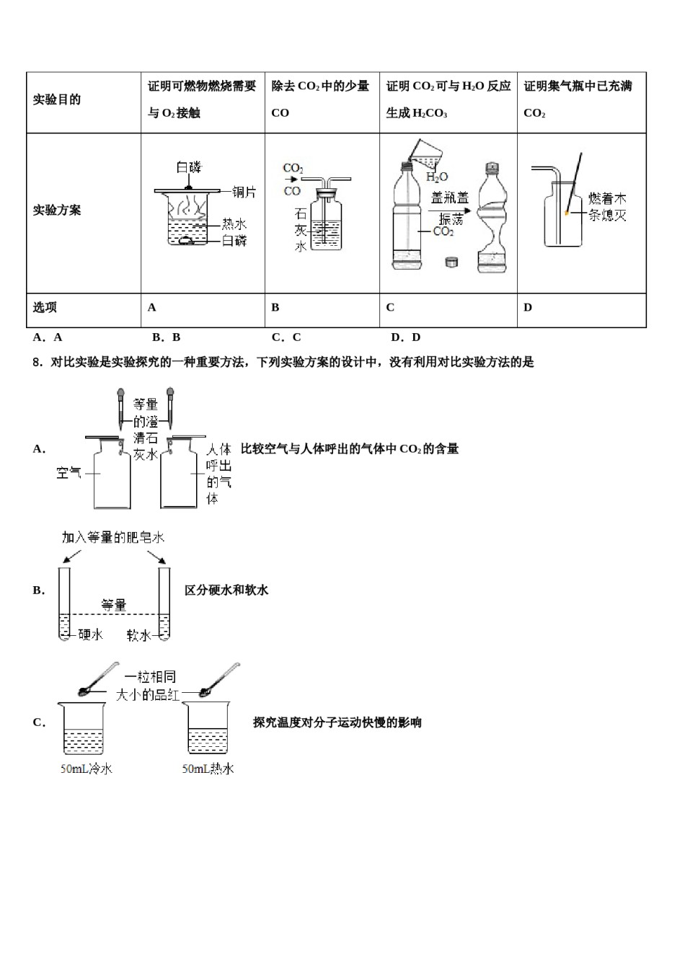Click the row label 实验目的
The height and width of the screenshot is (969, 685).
pos(57,100)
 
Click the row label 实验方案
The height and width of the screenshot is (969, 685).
pos(57,211)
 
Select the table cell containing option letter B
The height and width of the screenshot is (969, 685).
pos(322,308)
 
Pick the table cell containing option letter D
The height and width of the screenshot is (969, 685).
pos(581,308)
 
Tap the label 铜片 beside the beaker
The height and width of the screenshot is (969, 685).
pos(244,192)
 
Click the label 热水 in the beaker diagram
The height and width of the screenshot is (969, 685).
pos(234,224)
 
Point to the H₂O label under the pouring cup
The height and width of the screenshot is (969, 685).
pos(437,177)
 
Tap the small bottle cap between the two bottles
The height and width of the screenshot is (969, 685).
pos(452,262)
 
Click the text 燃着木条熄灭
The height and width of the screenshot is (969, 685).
pos(606,207)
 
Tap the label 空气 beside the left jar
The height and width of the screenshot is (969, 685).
pos(69,474)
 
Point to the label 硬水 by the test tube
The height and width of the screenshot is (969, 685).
pos(90,635)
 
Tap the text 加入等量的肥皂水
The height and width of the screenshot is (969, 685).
pos(114,538)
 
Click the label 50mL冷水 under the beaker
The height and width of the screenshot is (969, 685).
pos(87,769)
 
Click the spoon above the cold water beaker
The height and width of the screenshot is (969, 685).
pos(99,679)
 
